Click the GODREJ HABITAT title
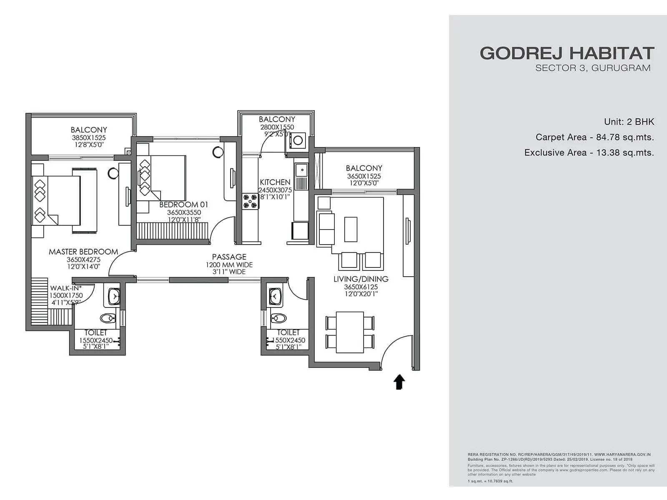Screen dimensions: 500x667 click(567, 53)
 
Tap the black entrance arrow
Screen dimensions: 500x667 click(399, 382)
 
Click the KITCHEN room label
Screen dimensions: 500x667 click(275, 182)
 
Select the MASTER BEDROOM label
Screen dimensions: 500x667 click(83, 252)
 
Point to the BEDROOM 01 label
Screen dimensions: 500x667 click(183, 205)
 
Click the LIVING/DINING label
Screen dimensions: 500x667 click(361, 279)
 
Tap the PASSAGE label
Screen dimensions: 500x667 click(229, 257)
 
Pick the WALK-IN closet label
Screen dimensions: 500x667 click(65, 288)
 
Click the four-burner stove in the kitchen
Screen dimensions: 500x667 click(250, 200)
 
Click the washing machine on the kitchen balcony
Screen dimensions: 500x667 click(298, 140)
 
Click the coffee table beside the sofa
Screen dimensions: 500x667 click(351, 229)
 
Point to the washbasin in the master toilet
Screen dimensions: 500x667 click(113, 297)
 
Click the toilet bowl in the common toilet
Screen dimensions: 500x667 click(278, 319)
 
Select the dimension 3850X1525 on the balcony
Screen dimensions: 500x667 click(89, 137)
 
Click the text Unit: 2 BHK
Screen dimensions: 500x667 click(629, 122)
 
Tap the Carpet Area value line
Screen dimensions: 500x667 click(594, 137)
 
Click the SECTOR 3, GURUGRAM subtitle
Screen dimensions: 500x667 click(593, 68)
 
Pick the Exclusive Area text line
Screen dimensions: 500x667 click(589, 152)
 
